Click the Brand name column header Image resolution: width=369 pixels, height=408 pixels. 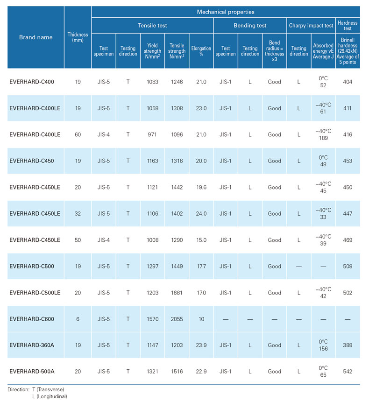[35, 37]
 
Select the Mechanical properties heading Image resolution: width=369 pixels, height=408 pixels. [226, 11]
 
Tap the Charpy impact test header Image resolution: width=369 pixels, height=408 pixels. [311, 26]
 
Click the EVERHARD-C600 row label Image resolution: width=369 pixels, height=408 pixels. [32, 319]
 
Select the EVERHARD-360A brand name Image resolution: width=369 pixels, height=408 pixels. [32, 345]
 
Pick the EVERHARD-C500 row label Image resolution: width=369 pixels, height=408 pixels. [32, 266]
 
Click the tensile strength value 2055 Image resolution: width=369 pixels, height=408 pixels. [177, 319]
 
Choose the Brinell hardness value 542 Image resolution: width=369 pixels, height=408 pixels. [348, 372]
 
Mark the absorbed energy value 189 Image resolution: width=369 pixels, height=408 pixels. [323, 138]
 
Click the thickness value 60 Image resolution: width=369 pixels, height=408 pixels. [78, 134]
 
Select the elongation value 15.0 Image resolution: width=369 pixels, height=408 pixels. [201, 240]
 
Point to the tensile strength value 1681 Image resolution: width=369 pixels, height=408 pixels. [177, 293]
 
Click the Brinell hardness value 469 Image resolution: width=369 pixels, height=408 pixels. [348, 240]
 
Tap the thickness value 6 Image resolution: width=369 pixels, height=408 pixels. [78, 319]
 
